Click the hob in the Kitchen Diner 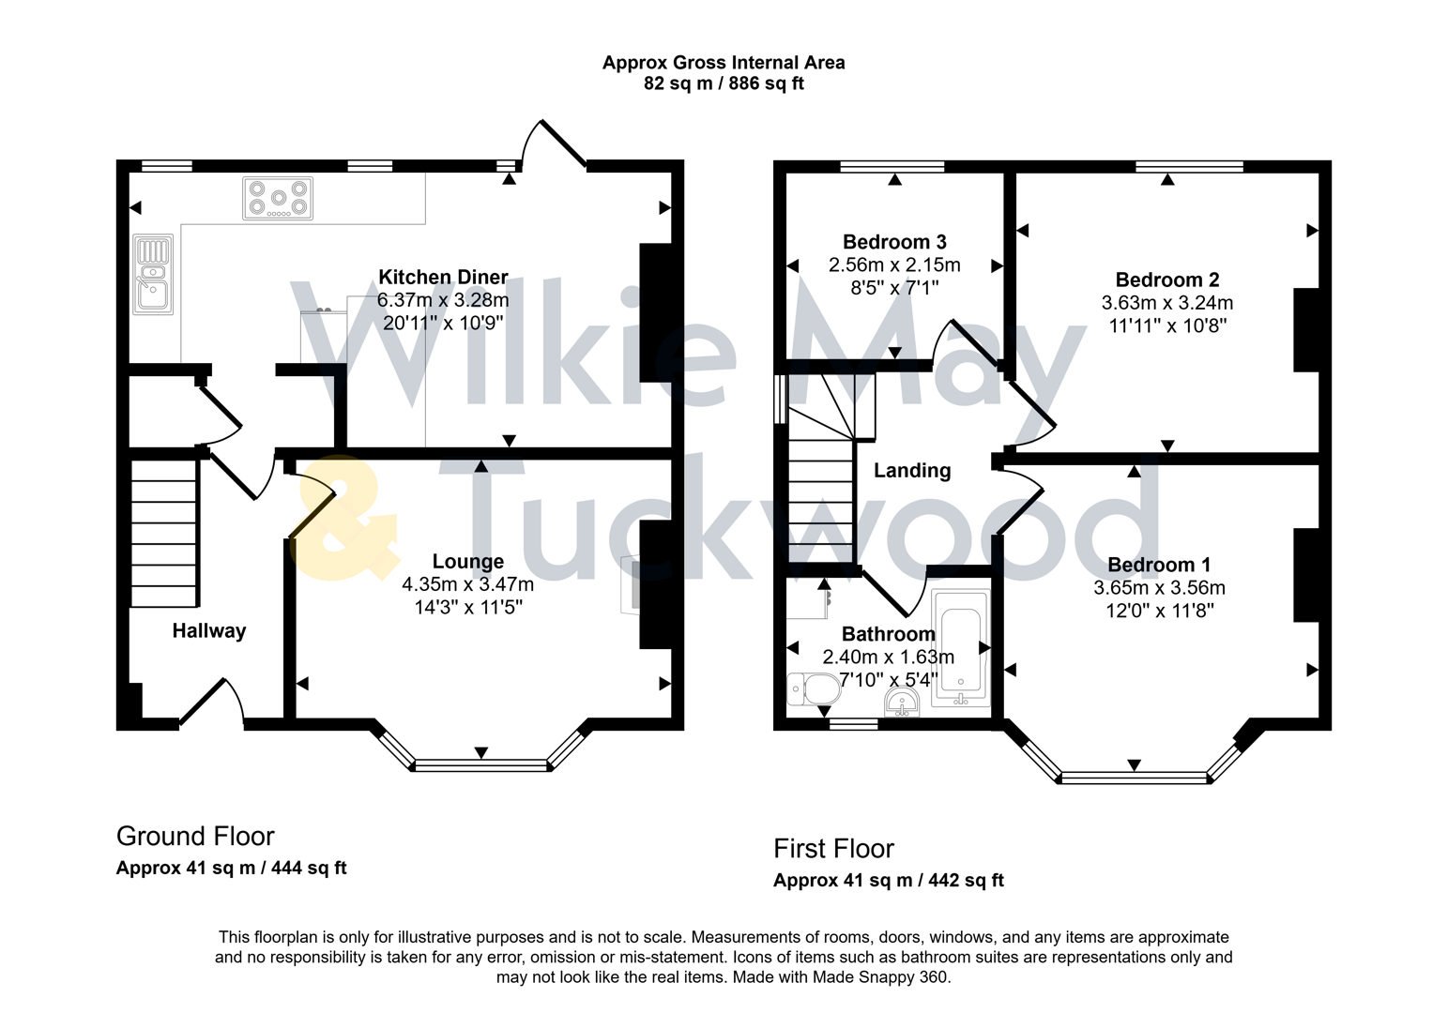click(278, 199)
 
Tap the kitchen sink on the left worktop click(153, 274)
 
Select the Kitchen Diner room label click(443, 277)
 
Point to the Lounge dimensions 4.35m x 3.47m click(467, 584)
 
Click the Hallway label click(208, 631)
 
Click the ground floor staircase click(164, 530)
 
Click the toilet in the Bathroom click(814, 689)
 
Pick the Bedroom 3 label click(893, 242)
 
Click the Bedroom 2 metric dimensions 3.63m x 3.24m click(1166, 303)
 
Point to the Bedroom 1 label click(1158, 565)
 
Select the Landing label click(912, 471)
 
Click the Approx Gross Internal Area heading click(723, 63)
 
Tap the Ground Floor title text click(195, 836)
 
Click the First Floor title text click(833, 849)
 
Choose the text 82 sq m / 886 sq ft click(723, 83)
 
